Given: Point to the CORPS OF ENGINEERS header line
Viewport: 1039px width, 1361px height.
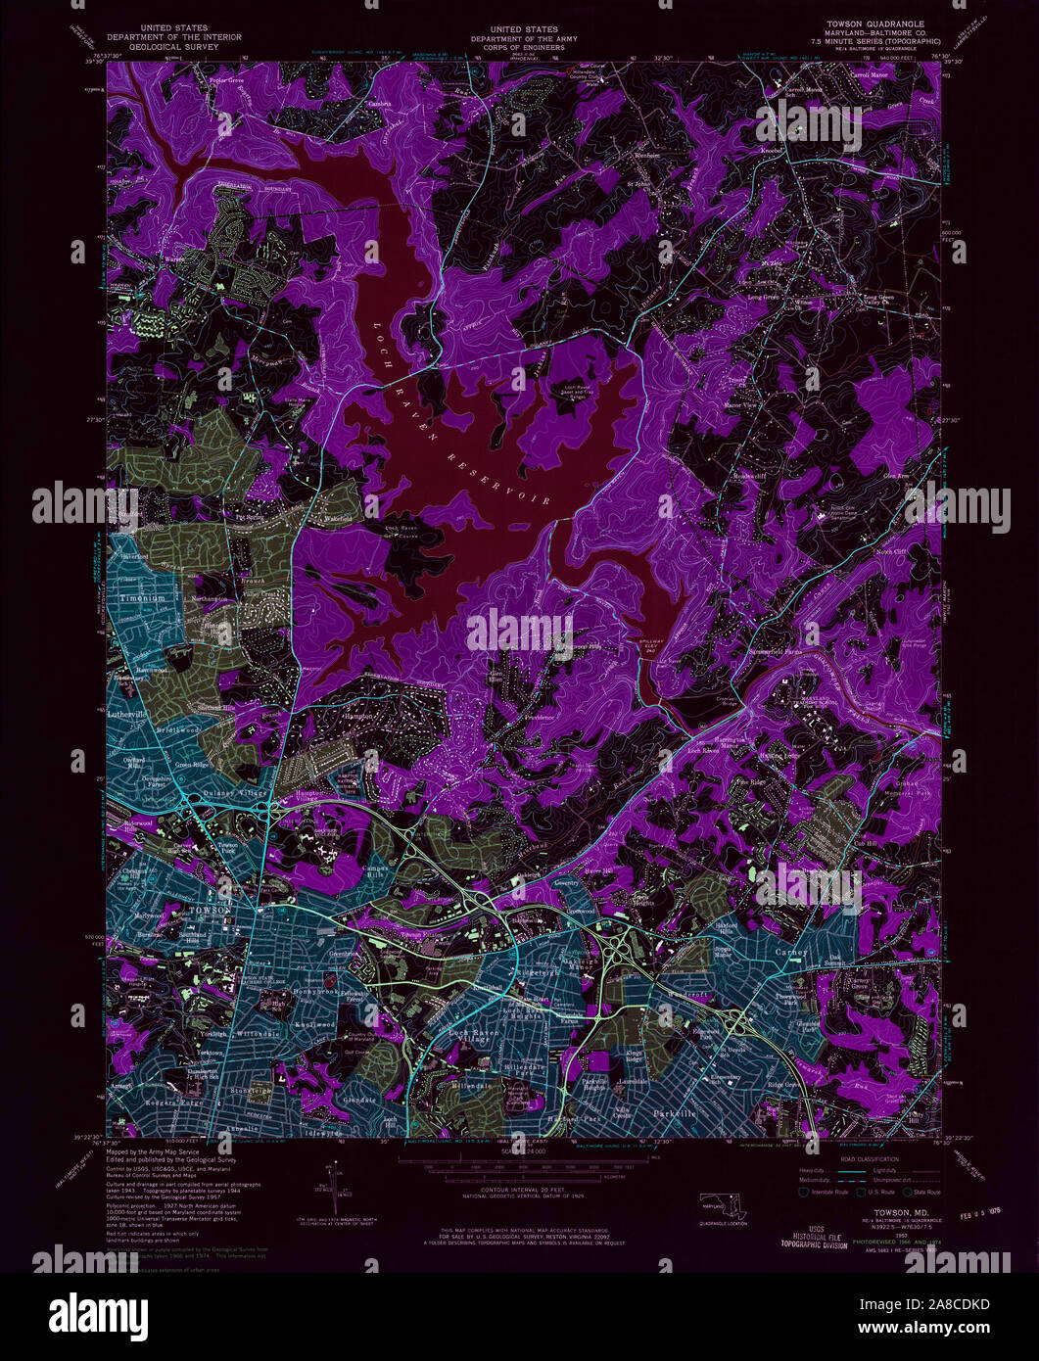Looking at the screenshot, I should click(516, 46).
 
